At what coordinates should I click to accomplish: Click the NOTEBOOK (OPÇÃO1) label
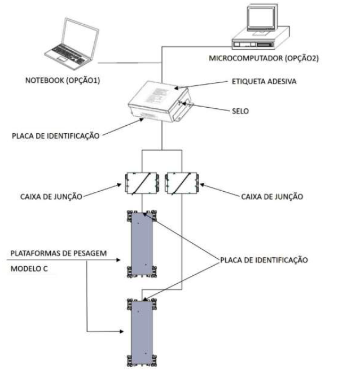click(x=63, y=80)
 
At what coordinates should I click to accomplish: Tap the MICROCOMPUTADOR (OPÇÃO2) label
click(x=264, y=58)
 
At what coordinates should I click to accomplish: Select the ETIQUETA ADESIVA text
click(x=264, y=82)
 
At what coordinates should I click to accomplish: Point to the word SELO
click(x=240, y=111)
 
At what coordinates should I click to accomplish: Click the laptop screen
click(x=80, y=38)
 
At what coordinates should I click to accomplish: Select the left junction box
click(x=142, y=183)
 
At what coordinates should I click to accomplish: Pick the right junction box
click(x=182, y=183)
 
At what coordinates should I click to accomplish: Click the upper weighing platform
click(x=142, y=244)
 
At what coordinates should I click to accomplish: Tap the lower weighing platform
click(x=142, y=332)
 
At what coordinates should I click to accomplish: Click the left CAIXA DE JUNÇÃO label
click(x=51, y=197)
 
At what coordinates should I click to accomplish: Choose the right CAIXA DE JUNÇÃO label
click(x=272, y=197)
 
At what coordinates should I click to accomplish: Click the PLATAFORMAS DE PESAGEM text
click(x=59, y=253)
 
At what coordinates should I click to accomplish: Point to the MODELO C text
click(x=29, y=269)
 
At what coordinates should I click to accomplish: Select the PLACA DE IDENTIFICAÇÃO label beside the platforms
click(x=264, y=260)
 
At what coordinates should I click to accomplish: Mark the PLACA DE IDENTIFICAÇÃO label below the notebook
click(x=56, y=136)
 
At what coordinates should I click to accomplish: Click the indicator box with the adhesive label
click(x=159, y=102)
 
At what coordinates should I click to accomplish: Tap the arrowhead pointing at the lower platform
click(x=121, y=332)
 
